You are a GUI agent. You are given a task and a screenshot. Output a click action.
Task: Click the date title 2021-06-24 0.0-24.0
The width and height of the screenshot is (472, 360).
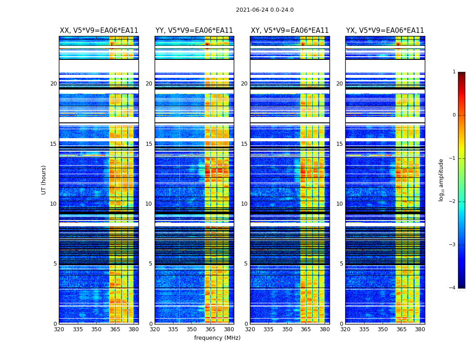264,10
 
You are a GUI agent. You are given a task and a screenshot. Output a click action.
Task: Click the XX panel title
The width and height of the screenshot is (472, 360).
99,31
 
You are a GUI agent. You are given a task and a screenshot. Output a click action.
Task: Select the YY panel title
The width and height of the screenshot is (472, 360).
194,31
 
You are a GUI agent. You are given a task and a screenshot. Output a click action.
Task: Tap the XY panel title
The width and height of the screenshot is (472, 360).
290,31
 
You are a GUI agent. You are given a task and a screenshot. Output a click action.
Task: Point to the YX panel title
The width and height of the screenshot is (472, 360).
385,31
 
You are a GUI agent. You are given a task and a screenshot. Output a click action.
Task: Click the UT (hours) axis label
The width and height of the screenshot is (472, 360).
44,180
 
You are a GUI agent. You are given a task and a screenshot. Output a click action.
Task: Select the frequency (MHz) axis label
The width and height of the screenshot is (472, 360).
217,338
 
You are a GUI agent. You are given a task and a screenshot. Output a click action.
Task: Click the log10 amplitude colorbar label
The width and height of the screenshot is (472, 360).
441,180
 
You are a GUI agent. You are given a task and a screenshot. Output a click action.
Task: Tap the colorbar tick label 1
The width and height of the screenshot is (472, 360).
454,72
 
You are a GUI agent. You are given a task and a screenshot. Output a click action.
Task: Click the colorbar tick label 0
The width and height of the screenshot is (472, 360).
454,115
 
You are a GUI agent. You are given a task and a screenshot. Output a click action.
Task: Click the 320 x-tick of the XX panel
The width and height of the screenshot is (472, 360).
59,329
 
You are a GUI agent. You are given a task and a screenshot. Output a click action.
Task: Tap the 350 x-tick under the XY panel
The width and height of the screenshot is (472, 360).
287,329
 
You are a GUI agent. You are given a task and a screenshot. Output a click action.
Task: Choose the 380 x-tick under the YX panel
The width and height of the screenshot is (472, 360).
420,329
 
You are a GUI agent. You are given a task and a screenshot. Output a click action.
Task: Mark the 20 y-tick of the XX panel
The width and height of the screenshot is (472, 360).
53,84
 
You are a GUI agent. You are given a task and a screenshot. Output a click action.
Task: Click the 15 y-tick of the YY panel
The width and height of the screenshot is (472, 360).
149,144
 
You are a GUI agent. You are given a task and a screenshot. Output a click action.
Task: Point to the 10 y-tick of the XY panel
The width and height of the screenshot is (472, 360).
244,204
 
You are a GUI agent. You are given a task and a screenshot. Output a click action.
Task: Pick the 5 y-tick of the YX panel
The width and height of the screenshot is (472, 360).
341,264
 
